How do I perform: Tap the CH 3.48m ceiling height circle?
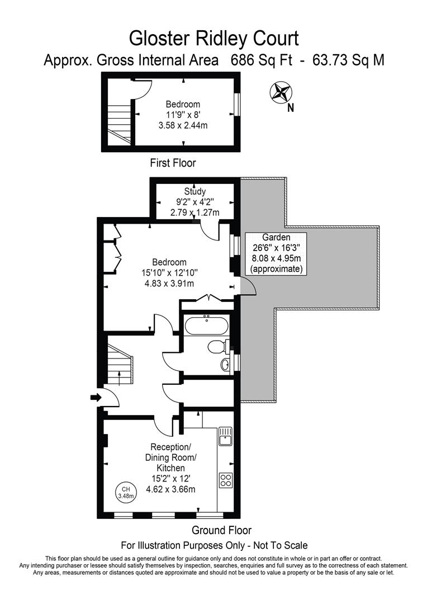click(124, 492)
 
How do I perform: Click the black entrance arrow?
click(95, 398)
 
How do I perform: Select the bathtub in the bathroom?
click(206, 325)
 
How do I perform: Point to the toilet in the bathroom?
click(217, 347)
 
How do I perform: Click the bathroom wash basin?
click(225, 365)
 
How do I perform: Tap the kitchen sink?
click(225, 436)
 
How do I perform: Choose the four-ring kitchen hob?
click(226, 480)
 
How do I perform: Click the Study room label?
click(194, 192)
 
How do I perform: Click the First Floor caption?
click(173, 163)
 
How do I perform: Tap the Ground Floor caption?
click(221, 530)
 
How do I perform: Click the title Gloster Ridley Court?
click(214, 38)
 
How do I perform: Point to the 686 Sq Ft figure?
click(262, 60)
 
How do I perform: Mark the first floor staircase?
click(118, 120)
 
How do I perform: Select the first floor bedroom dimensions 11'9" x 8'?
click(183, 115)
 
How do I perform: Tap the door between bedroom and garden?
click(246, 286)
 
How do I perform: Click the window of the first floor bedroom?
click(236, 105)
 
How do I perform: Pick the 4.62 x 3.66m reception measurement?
click(170, 489)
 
